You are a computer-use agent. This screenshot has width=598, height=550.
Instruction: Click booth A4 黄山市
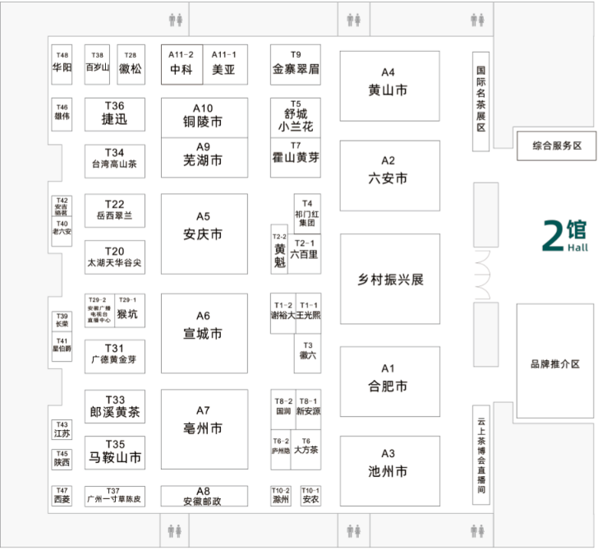(389, 82)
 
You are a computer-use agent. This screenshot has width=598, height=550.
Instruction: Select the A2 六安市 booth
(389, 170)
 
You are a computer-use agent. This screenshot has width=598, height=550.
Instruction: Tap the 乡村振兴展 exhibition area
(389, 279)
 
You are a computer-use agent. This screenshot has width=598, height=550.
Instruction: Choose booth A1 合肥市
(389, 379)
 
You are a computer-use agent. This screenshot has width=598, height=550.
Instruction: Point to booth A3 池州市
(389, 465)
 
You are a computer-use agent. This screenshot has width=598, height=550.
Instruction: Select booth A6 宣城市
(204, 326)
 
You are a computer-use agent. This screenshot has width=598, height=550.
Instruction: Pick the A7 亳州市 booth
(204, 422)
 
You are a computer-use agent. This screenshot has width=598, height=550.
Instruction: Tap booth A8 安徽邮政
(204, 495)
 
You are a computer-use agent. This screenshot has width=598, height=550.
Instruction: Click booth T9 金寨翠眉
(296, 63)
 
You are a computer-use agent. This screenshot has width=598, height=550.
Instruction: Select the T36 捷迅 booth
(115, 113)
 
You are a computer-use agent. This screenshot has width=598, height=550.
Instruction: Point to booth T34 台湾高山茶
(115, 159)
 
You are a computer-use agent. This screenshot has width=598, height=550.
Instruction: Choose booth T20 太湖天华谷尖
(115, 257)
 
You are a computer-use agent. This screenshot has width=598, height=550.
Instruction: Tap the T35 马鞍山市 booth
(115, 452)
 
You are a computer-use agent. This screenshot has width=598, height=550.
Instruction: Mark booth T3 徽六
(308, 351)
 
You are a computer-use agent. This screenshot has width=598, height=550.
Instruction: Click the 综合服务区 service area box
(556, 146)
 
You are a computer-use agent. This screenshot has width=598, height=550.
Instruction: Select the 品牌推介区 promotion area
(556, 364)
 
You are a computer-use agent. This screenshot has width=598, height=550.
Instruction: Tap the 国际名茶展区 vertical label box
(482, 101)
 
